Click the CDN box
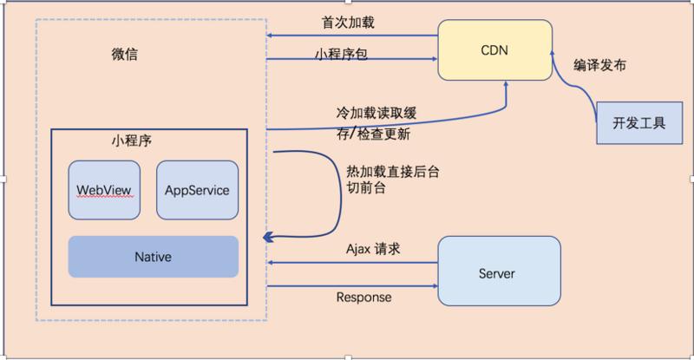(494, 50)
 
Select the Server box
(496, 273)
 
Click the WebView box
(104, 189)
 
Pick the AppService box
(197, 189)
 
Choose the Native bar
(153, 257)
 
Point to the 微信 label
(125, 55)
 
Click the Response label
(363, 298)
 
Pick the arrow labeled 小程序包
(351, 60)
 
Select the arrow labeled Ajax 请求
(351, 262)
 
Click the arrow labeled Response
(351, 285)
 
